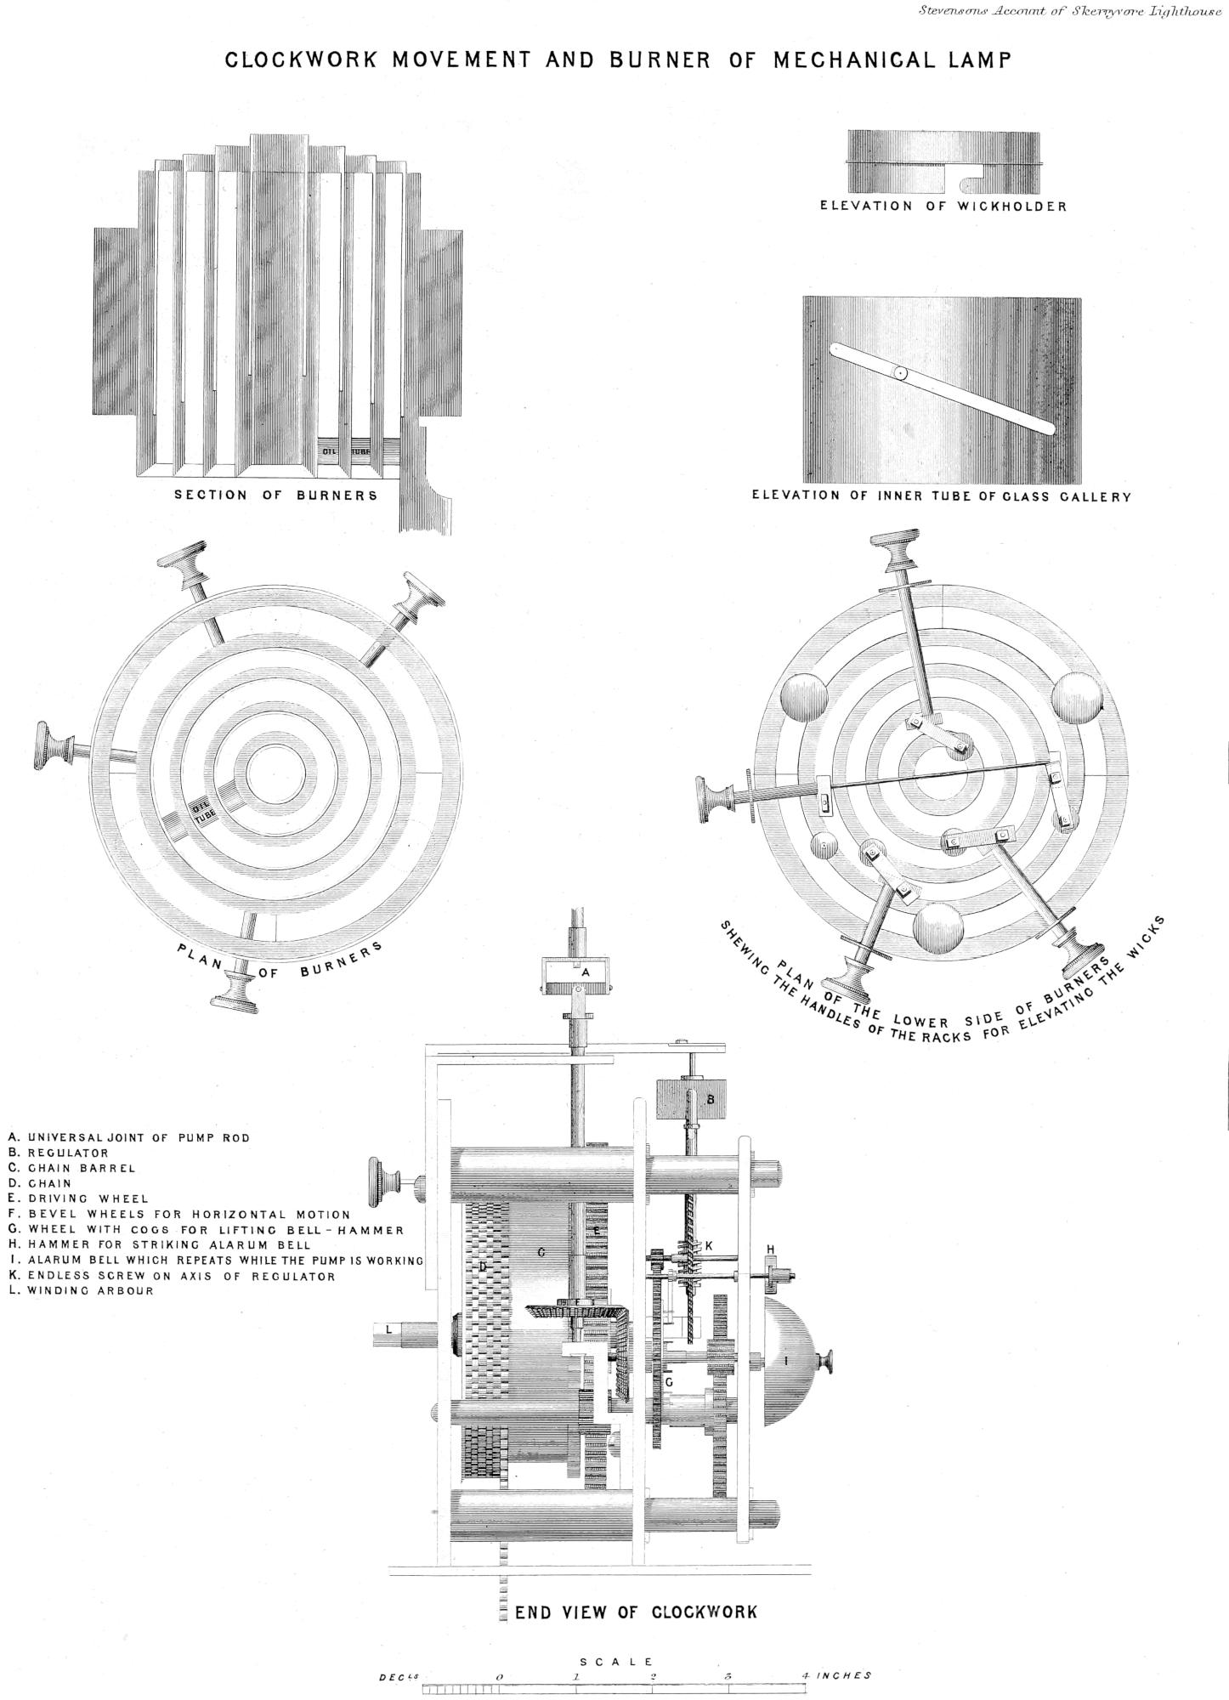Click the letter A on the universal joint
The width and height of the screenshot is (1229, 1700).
[585, 971]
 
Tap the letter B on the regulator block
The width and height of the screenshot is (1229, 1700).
[711, 1099]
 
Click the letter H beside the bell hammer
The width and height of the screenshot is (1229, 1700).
[770, 1249]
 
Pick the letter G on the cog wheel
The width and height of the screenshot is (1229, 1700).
[670, 1383]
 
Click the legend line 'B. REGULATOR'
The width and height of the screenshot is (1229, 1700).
[59, 1153]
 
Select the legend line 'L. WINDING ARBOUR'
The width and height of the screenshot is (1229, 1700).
[82, 1290]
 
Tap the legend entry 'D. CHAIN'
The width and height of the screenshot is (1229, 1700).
[40, 1183]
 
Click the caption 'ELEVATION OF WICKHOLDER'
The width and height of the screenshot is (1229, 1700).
[943, 206]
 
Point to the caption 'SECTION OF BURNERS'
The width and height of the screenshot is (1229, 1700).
[275, 495]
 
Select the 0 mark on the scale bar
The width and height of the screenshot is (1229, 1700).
[500, 1677]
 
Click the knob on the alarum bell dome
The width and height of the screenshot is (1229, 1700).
[824, 1362]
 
